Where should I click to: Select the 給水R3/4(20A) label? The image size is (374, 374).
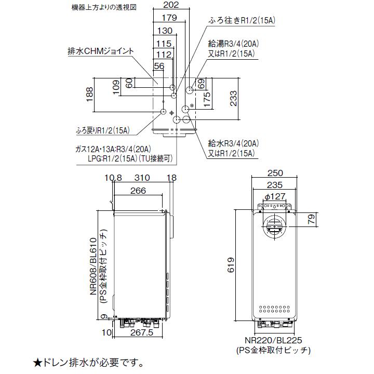(x=233, y=143)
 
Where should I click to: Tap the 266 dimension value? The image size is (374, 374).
(x=138, y=191)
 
